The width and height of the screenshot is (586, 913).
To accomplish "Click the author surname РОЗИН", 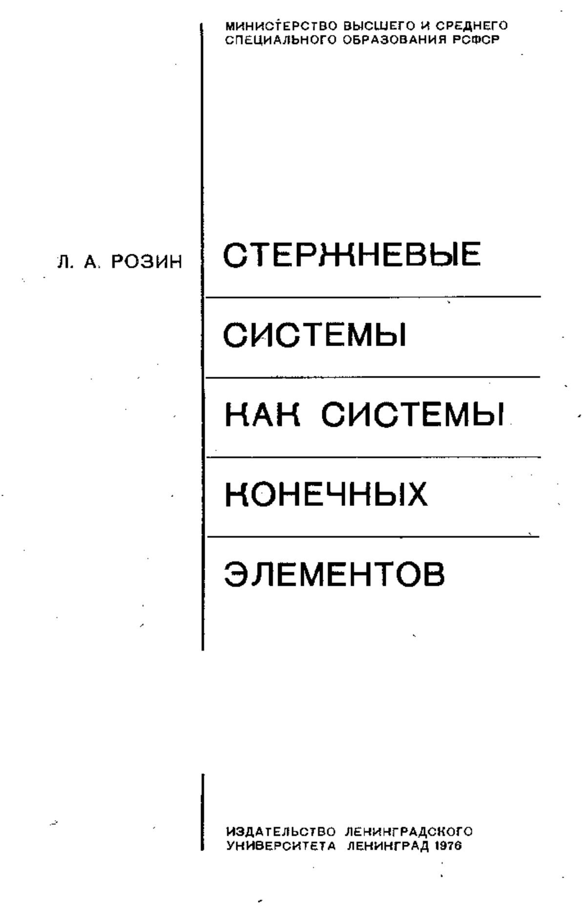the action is pyautogui.click(x=147, y=262).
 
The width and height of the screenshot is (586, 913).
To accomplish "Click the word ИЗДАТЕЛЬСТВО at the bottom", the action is pyautogui.click(x=281, y=831).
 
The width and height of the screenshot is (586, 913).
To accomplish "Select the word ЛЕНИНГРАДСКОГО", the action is pyautogui.click(x=409, y=831).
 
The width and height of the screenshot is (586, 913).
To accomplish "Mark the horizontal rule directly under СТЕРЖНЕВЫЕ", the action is pyautogui.click(x=374, y=296).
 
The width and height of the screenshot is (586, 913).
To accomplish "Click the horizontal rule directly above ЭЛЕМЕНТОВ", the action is pyautogui.click(x=374, y=537).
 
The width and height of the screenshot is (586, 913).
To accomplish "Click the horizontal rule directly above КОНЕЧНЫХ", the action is pyautogui.click(x=374, y=457).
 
